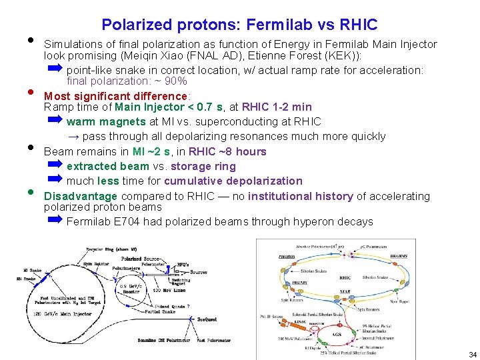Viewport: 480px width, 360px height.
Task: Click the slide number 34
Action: (x=472, y=355)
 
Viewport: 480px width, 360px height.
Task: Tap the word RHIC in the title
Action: (x=359, y=25)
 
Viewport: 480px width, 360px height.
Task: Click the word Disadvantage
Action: (x=80, y=196)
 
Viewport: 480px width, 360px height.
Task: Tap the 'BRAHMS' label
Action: (x=380, y=255)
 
